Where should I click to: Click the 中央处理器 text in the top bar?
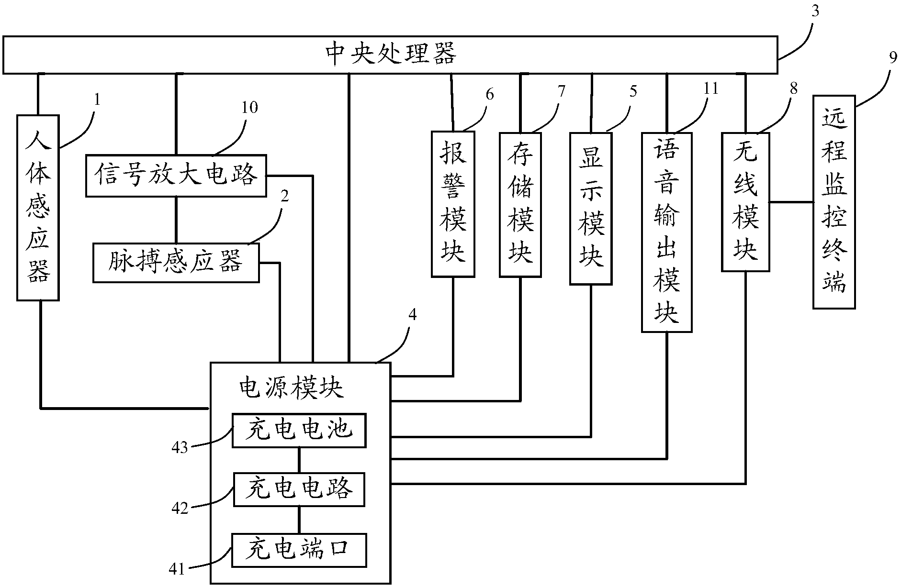(x=390, y=54)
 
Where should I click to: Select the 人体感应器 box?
(x=38, y=208)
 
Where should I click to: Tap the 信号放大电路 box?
(x=176, y=176)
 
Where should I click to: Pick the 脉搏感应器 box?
(x=176, y=263)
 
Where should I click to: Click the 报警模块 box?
(x=453, y=204)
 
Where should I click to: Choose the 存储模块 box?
(x=520, y=204)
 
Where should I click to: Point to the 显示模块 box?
(x=591, y=209)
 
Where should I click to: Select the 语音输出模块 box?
(x=666, y=232)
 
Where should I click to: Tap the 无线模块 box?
(x=745, y=202)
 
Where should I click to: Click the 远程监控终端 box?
(x=834, y=201)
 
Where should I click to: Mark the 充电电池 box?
(x=299, y=431)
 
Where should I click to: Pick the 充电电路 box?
(x=299, y=489)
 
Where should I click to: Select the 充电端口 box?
(x=299, y=550)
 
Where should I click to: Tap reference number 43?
(x=180, y=448)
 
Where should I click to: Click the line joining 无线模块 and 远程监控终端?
(x=791, y=202)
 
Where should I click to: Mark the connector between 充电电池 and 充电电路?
(x=299, y=460)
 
